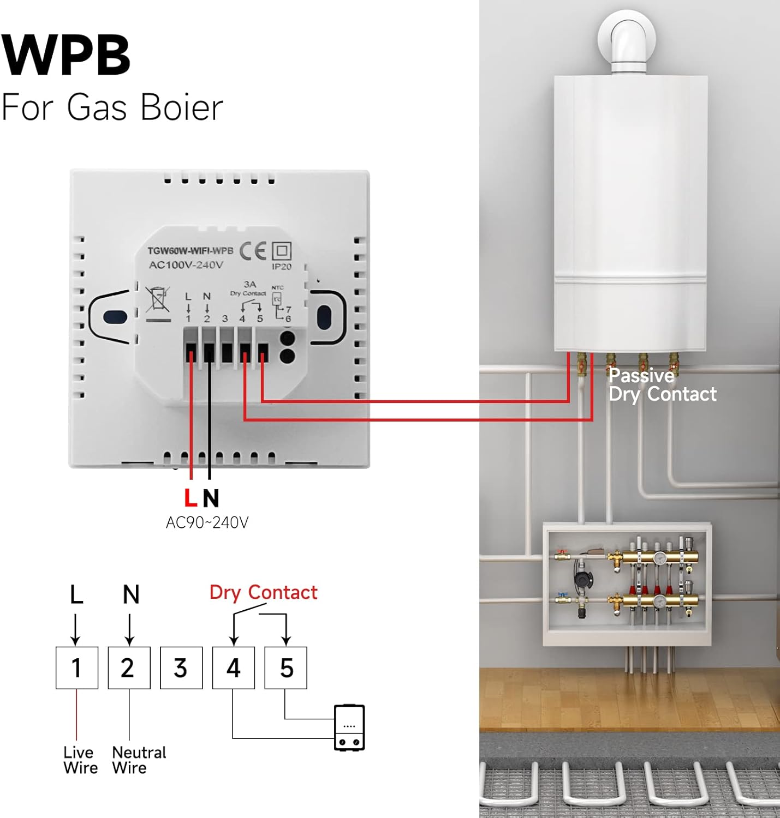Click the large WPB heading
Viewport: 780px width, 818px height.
pyautogui.click(x=66, y=55)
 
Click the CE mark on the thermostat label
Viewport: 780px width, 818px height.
pyautogui.click(x=253, y=251)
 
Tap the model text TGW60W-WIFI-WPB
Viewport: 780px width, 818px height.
pyautogui.click(x=190, y=251)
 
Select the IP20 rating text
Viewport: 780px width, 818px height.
pyautogui.click(x=282, y=267)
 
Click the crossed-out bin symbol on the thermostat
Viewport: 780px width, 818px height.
pyautogui.click(x=158, y=299)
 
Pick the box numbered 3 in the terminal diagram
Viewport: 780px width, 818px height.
pyautogui.click(x=181, y=668)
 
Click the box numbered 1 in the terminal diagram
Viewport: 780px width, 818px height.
pyautogui.click(x=77, y=668)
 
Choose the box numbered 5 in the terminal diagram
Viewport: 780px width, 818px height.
pyautogui.click(x=286, y=668)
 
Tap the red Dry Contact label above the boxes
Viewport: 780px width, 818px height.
pyautogui.click(x=263, y=592)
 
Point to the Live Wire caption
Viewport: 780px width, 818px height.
pyautogui.click(x=80, y=760)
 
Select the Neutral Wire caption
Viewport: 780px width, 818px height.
pyautogui.click(x=139, y=760)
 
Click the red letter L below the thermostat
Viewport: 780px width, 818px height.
pyautogui.click(x=190, y=498)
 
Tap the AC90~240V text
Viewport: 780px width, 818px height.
pyautogui.click(x=207, y=523)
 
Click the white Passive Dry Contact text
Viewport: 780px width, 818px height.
pyautogui.click(x=662, y=385)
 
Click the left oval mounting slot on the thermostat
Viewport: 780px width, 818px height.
pyautogui.click(x=115, y=317)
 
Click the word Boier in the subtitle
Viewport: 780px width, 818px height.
pyautogui.click(x=182, y=107)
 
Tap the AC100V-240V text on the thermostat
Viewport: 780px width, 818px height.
pyautogui.click(x=186, y=265)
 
